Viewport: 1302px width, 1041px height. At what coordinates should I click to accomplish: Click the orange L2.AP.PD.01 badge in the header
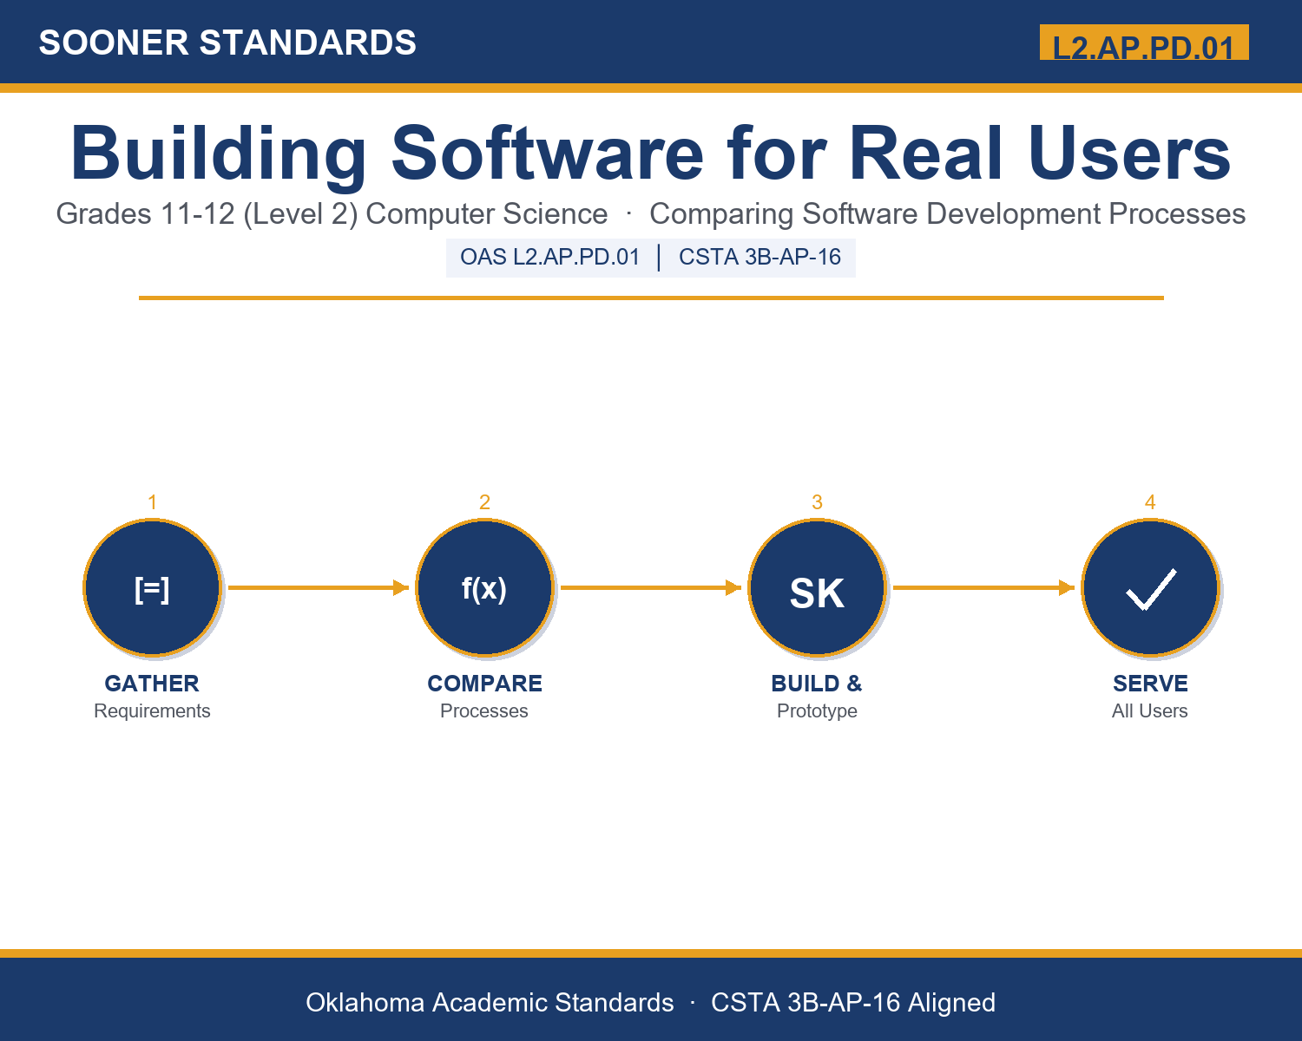click(x=1144, y=43)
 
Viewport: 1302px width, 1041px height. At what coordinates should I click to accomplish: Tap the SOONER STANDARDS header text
click(x=227, y=43)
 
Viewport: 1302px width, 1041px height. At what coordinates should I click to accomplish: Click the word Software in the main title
click(x=548, y=153)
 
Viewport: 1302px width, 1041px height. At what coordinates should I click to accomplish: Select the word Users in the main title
click(x=1129, y=153)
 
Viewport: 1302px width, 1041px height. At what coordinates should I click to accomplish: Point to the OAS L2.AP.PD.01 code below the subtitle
click(x=550, y=257)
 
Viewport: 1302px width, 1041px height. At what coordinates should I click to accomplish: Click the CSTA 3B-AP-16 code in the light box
click(x=759, y=257)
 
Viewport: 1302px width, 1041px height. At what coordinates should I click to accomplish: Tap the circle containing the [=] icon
click(x=153, y=587)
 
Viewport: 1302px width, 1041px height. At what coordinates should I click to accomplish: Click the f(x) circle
click(x=484, y=587)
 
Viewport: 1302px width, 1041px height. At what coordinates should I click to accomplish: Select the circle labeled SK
click(x=818, y=587)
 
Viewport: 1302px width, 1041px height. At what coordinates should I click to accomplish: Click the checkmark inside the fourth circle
click(x=1151, y=590)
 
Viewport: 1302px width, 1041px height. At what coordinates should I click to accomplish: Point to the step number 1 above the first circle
click(x=153, y=502)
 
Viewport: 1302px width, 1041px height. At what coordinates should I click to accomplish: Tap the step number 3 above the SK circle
click(x=818, y=502)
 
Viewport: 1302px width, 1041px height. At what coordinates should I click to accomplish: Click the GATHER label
click(x=152, y=684)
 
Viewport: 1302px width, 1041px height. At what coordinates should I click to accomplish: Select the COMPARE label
click(x=484, y=684)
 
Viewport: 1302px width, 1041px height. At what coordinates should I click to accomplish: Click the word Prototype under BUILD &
click(x=817, y=710)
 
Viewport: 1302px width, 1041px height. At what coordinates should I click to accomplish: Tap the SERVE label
click(x=1150, y=684)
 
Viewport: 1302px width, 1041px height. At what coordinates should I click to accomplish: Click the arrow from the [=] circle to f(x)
click(x=319, y=587)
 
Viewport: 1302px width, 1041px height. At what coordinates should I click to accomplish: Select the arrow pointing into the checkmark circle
click(x=983, y=587)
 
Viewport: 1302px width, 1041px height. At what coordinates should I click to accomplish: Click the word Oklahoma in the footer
click(x=365, y=1002)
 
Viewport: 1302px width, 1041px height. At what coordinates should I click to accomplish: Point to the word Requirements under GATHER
click(x=152, y=710)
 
